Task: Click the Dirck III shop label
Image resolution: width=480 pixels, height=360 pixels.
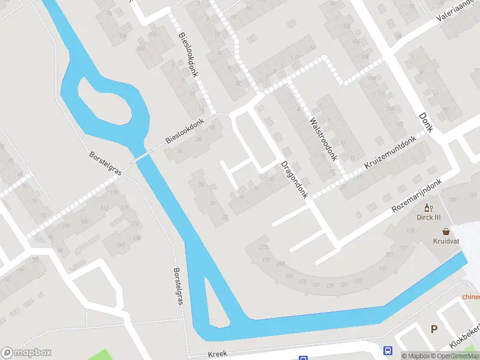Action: (x=429, y=217)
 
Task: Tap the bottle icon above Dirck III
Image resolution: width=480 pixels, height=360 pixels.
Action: (x=428, y=207)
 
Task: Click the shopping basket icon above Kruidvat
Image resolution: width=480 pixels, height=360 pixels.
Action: (x=446, y=231)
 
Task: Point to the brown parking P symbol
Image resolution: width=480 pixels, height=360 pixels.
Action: (x=434, y=328)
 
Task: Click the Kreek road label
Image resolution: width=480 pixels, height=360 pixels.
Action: (x=218, y=354)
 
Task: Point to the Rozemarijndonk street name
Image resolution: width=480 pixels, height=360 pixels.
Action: (x=416, y=196)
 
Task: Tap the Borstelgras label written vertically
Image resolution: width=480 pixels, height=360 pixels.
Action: (x=177, y=287)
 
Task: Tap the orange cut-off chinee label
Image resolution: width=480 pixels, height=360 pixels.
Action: (x=471, y=296)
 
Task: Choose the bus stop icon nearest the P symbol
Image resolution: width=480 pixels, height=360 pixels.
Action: (x=388, y=351)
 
